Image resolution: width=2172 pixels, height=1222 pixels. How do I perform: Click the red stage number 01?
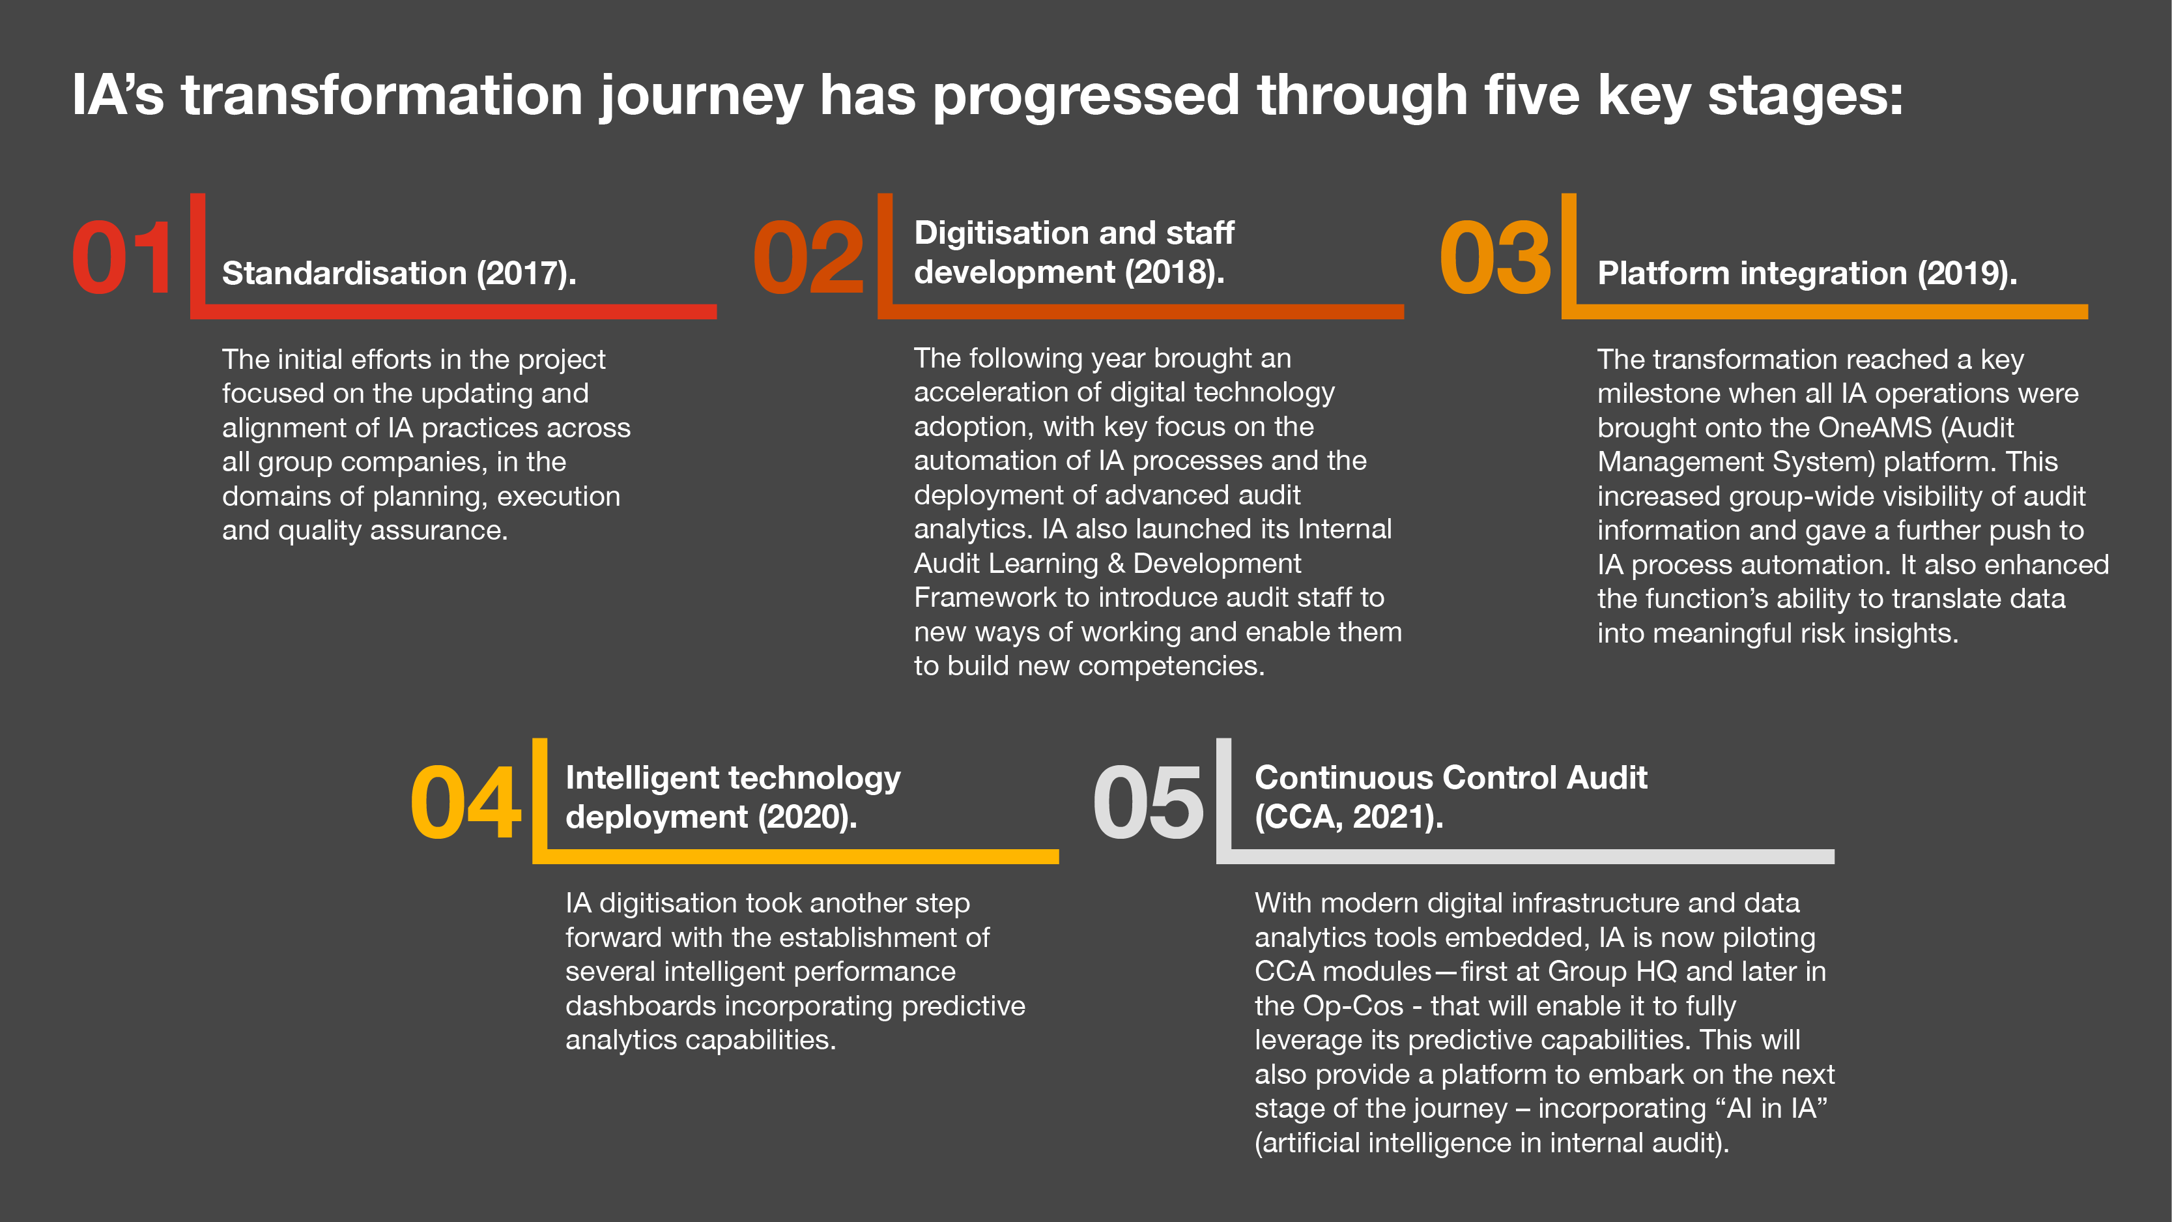pyautogui.click(x=123, y=257)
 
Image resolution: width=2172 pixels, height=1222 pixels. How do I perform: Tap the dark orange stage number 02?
pyautogui.click(x=808, y=257)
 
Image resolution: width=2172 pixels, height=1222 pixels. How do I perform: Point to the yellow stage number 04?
pyautogui.click(x=465, y=802)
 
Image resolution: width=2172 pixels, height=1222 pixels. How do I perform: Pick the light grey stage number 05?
pyautogui.click(x=1149, y=802)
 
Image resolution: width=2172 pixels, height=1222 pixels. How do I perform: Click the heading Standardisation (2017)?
pyautogui.click(x=399, y=273)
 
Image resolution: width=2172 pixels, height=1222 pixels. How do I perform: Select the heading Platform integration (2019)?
pyautogui.click(x=1807, y=273)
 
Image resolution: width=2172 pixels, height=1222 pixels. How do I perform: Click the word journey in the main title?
pyautogui.click(x=702, y=96)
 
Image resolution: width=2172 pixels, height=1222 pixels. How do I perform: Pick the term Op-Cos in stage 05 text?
pyautogui.click(x=1353, y=1006)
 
